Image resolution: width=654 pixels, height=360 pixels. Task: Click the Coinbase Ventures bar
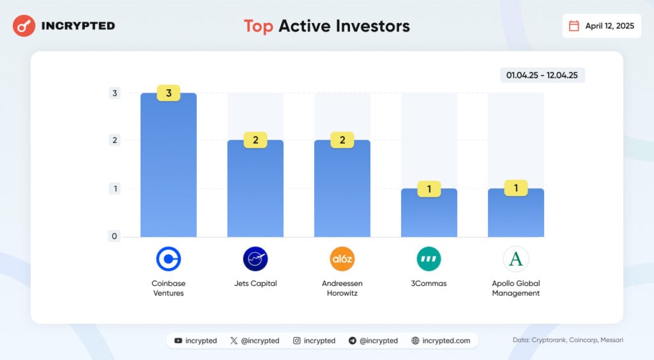point(169,165)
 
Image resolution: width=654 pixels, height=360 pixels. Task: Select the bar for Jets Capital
point(255,188)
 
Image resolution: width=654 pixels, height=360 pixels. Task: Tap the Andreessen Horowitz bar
point(342,188)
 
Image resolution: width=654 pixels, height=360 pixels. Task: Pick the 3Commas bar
point(429,213)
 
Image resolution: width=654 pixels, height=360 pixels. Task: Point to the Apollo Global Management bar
point(516,213)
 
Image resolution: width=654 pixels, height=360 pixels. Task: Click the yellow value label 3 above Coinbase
point(169,93)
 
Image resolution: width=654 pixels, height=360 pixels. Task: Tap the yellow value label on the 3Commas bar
point(429,189)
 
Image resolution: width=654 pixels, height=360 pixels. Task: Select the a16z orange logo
point(342,259)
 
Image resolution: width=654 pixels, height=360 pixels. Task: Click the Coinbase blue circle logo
point(169,259)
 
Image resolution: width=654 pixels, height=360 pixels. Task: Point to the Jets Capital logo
point(255,259)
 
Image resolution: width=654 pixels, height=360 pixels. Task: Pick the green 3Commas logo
point(429,259)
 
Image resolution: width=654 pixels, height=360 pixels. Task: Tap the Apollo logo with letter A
point(516,259)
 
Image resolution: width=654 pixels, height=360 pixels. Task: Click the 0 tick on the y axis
point(114,236)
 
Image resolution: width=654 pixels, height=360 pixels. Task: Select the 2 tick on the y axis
point(115,140)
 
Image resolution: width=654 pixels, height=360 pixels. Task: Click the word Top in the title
point(258,26)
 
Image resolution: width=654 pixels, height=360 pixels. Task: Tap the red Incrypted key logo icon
point(24,26)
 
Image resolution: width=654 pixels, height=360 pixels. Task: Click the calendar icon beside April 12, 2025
point(574,26)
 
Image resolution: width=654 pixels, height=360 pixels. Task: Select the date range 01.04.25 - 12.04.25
point(542,75)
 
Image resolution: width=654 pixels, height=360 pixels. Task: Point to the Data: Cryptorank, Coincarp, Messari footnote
point(568,340)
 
